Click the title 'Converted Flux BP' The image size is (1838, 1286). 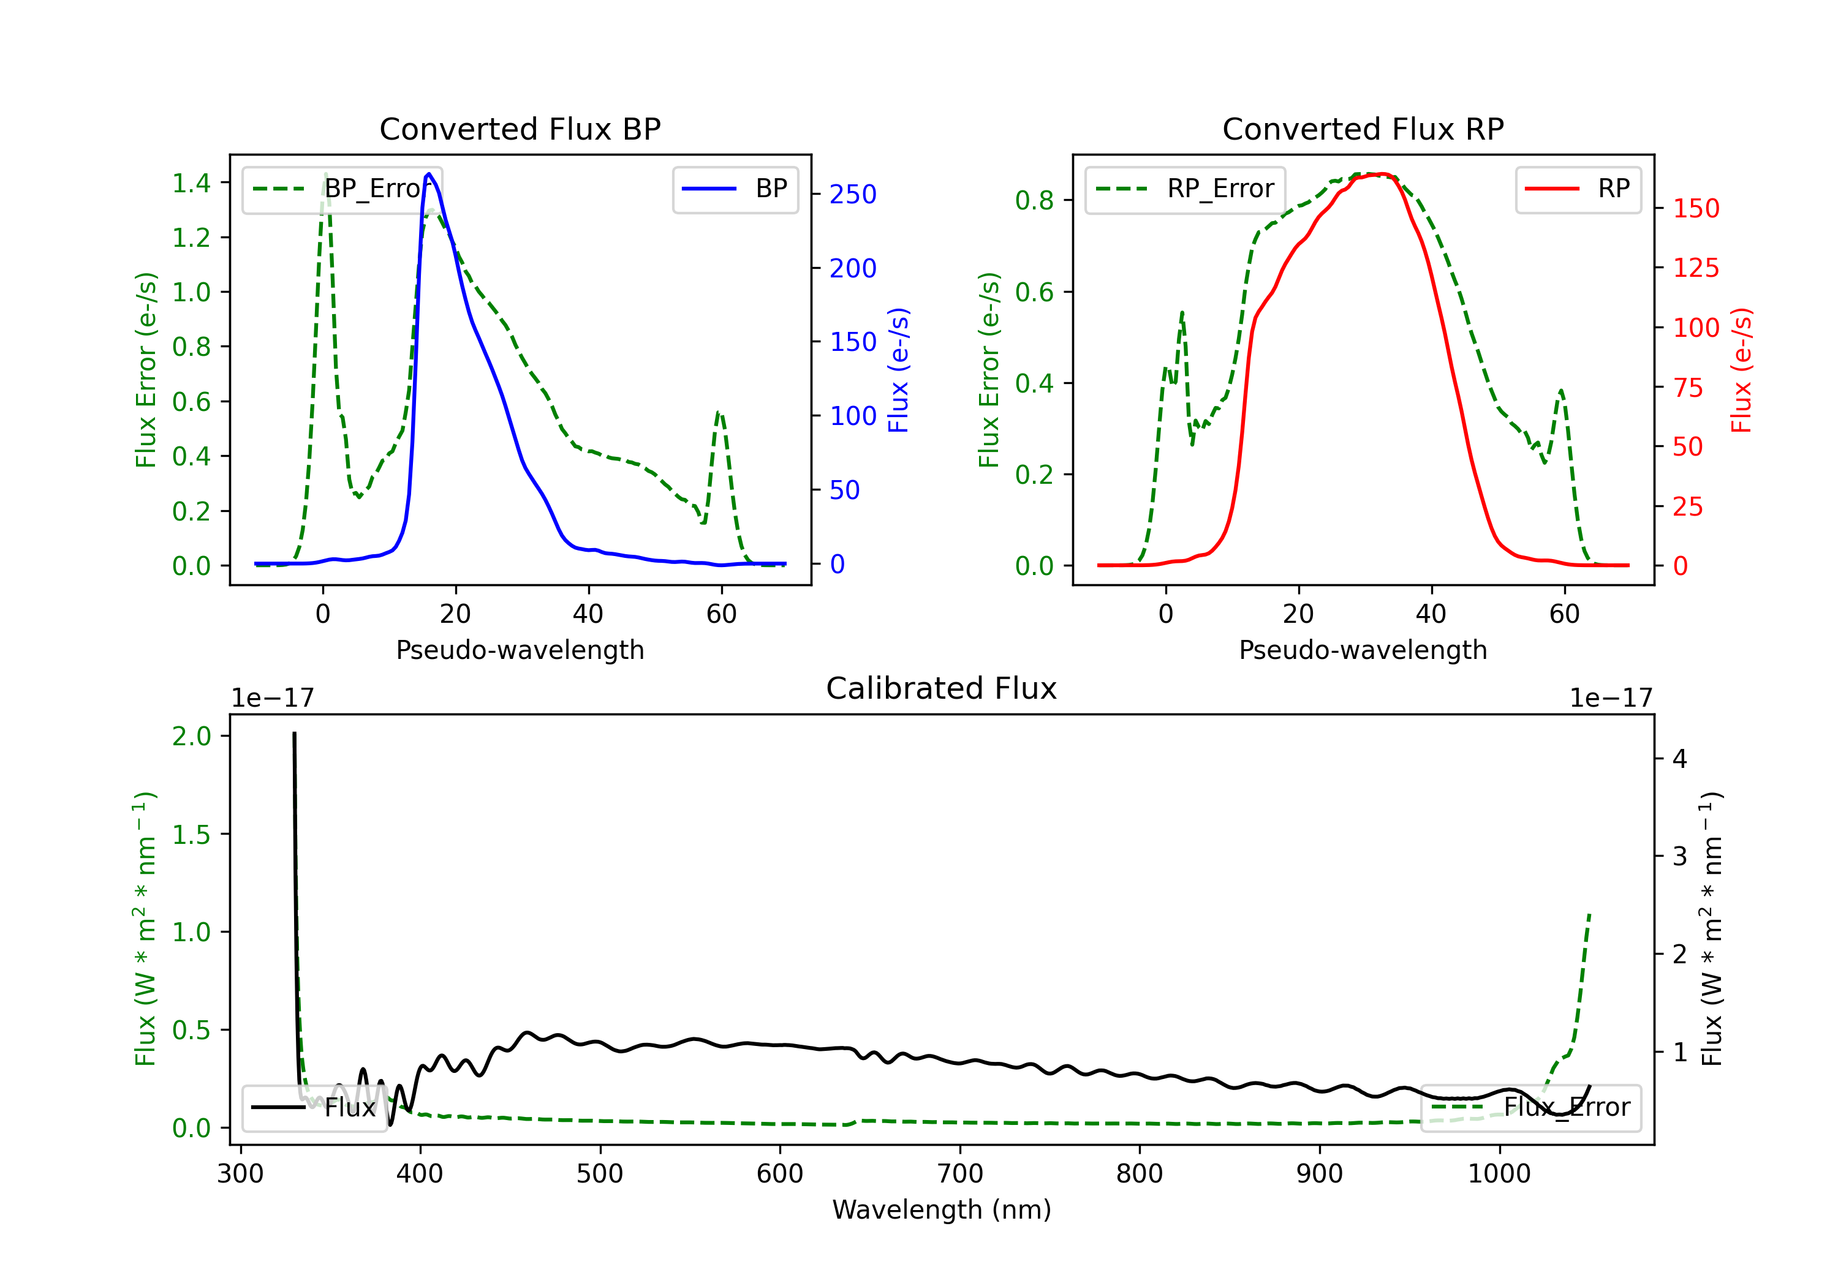pyautogui.click(x=520, y=129)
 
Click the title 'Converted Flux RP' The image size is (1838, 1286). pyautogui.click(x=1363, y=129)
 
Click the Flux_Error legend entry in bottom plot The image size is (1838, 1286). pyautogui.click(x=1530, y=1108)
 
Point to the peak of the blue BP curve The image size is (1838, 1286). pyautogui.click(x=429, y=174)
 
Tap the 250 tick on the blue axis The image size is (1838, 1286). pyautogui.click(x=853, y=195)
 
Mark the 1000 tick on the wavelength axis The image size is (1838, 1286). pyautogui.click(x=1499, y=1174)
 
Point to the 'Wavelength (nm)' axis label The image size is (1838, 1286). pyautogui.click(x=942, y=1210)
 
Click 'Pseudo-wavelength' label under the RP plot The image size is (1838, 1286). pyautogui.click(x=1363, y=650)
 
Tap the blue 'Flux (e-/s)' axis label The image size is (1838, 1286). pyautogui.click(x=899, y=370)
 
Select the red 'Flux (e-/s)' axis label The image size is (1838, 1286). pyautogui.click(x=1742, y=370)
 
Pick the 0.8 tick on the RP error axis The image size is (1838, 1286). pyautogui.click(x=1034, y=200)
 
